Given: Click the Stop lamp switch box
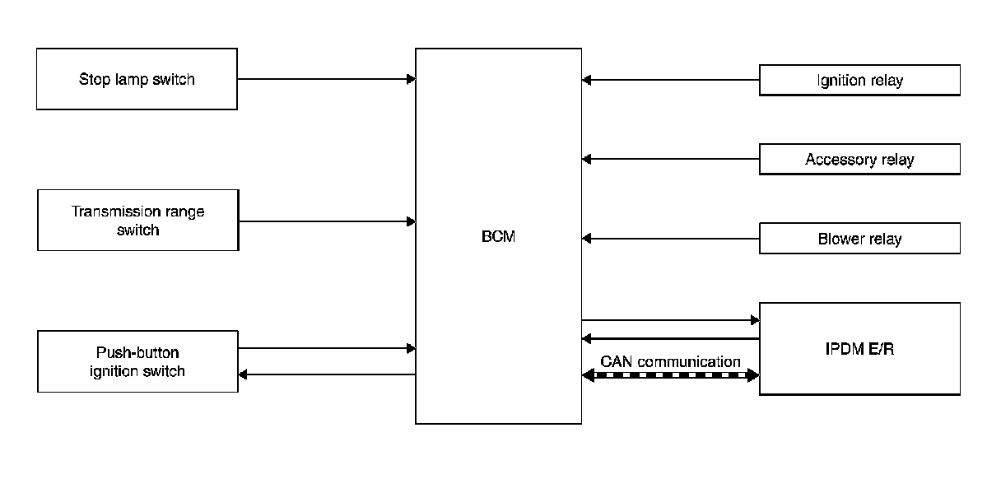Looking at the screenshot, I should [137, 79].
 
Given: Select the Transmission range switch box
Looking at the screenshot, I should [137, 221].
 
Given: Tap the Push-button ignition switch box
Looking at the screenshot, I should [137, 362].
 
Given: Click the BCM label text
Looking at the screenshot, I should [498, 237].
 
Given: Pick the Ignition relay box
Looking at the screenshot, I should [859, 81].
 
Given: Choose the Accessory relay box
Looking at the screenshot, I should [859, 160].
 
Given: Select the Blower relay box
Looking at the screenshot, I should [859, 239].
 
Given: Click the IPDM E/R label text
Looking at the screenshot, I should [859, 349].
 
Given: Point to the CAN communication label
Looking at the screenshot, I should [670, 361].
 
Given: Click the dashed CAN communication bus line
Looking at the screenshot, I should [670, 375].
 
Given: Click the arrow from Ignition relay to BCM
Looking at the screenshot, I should [670, 80].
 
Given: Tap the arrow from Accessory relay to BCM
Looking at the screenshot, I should [670, 159].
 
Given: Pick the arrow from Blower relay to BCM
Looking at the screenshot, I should [670, 239].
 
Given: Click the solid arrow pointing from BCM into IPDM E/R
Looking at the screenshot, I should [670, 319].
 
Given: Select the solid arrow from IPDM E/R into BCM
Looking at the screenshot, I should [670, 338].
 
